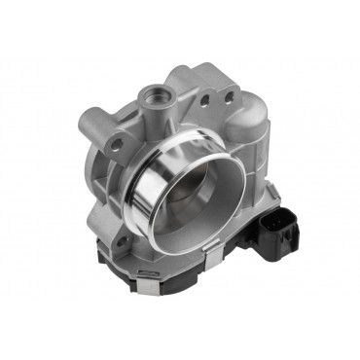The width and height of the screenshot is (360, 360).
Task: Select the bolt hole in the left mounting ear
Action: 117,143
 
